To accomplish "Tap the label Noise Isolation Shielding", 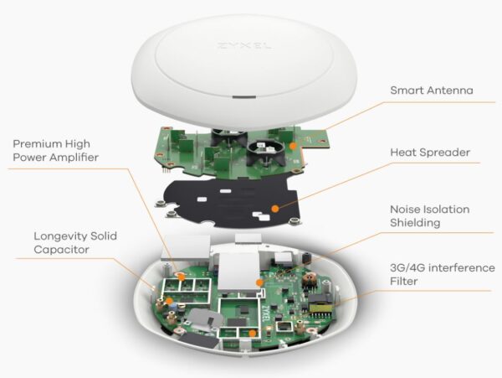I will pyautogui.click(x=430, y=216).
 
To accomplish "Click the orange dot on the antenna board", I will pyautogui.click(x=293, y=145).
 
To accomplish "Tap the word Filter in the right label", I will pyautogui.click(x=405, y=282).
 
